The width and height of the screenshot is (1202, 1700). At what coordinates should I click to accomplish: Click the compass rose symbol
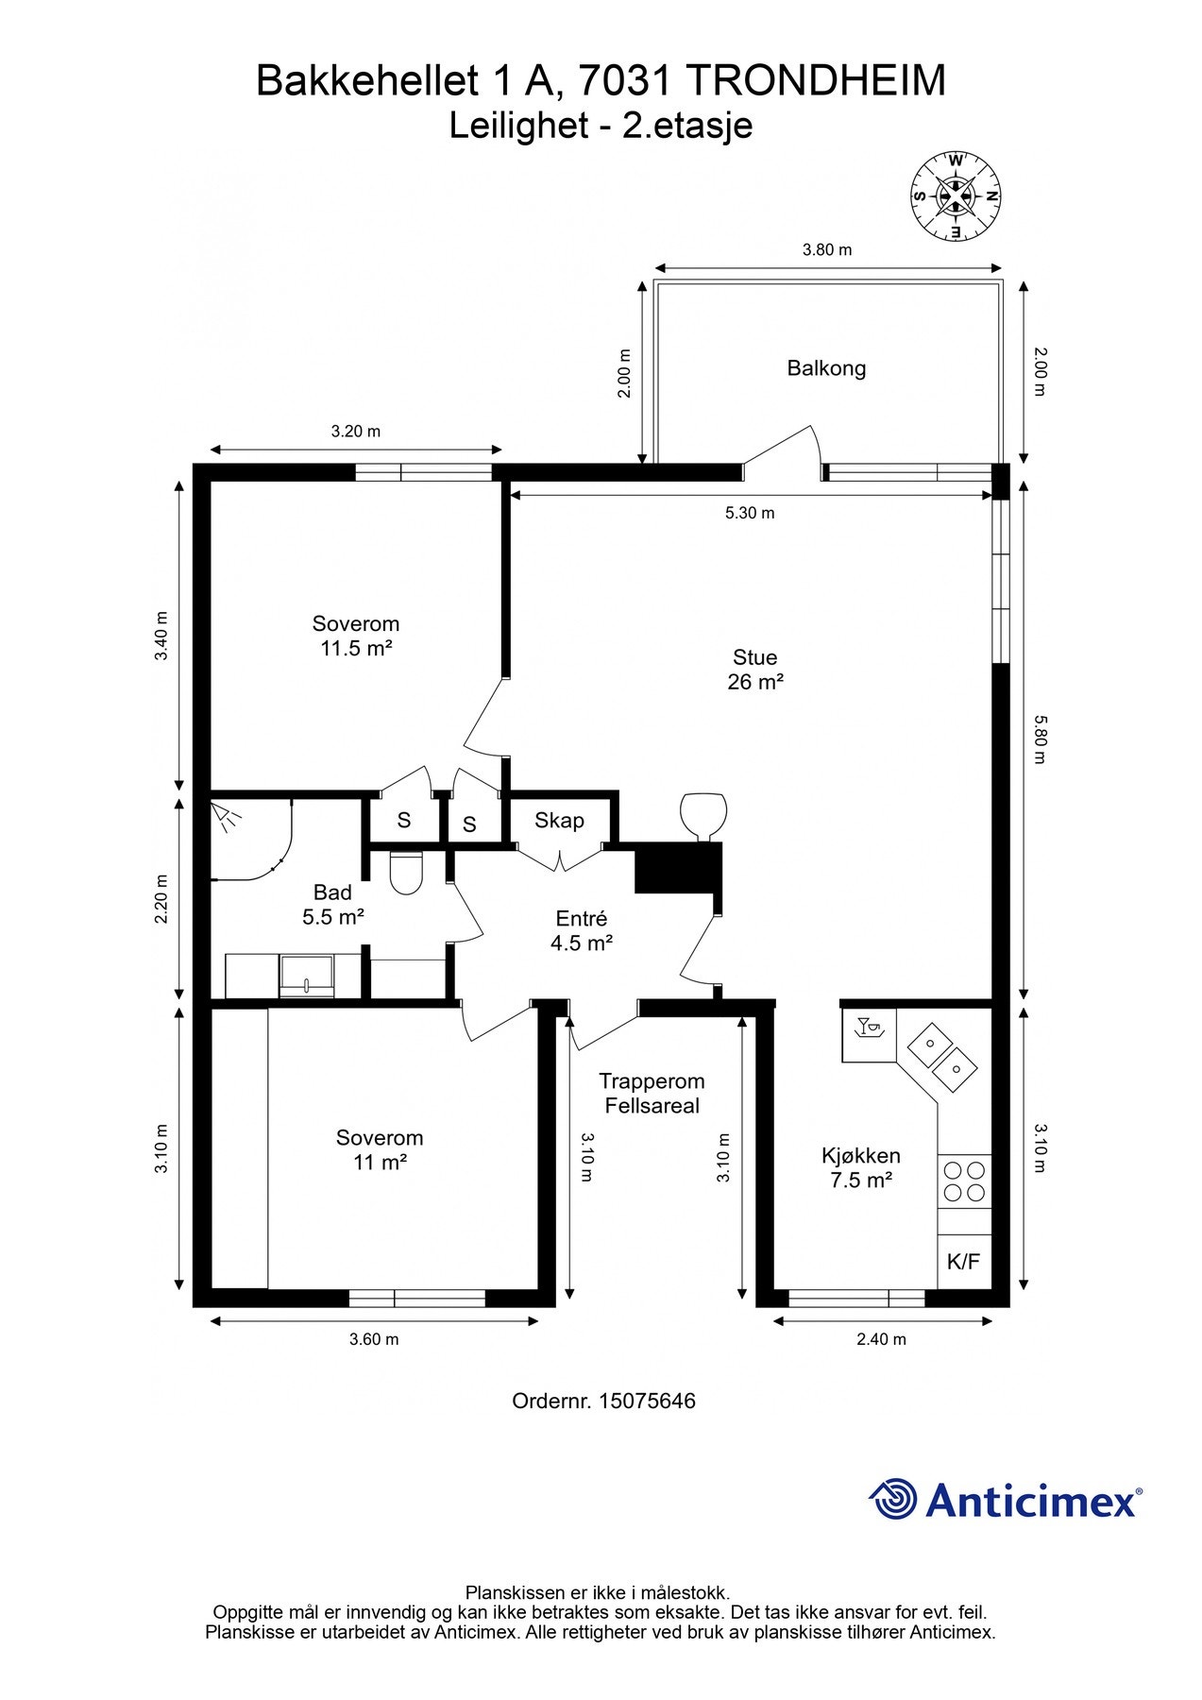point(956,196)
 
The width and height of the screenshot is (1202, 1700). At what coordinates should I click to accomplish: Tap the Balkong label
point(826,368)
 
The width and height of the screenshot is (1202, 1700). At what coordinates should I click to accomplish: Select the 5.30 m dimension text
point(750,513)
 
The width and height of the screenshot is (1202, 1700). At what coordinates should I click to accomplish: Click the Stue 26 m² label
point(755,670)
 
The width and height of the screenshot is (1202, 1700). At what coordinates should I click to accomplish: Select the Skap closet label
point(559,821)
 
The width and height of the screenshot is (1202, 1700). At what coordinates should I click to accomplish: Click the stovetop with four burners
point(964,1181)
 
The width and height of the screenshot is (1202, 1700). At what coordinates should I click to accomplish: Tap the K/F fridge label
point(964,1261)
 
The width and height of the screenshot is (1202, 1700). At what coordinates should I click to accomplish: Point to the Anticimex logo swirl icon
point(892,1499)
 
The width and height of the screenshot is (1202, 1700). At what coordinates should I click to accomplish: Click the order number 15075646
point(647,1401)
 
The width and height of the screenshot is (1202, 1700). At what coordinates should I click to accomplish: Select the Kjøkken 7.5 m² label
point(861,1167)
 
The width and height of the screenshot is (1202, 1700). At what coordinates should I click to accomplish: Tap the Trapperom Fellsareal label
point(652,1094)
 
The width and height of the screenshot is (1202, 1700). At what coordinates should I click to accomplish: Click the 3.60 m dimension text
point(374,1339)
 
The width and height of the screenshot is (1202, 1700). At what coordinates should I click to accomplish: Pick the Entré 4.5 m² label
point(582,930)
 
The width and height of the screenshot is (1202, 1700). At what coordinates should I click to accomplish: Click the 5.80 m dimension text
point(1040,739)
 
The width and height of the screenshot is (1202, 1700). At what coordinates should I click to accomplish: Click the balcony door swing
point(783,452)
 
